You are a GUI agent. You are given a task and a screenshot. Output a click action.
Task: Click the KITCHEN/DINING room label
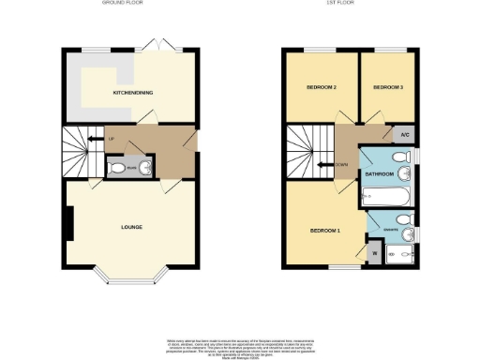[x=133, y=93]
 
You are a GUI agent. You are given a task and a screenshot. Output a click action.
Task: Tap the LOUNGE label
[x=131, y=227]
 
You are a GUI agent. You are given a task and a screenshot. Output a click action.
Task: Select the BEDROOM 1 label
[x=324, y=229]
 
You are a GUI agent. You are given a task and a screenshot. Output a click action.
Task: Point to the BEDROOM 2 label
[x=321, y=87]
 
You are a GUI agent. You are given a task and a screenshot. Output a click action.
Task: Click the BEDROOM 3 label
[x=387, y=87]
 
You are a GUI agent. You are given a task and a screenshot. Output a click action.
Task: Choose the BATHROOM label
[x=379, y=174]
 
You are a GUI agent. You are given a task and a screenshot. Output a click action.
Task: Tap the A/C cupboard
[x=404, y=134]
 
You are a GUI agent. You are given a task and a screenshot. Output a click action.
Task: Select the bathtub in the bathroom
[x=381, y=198]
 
